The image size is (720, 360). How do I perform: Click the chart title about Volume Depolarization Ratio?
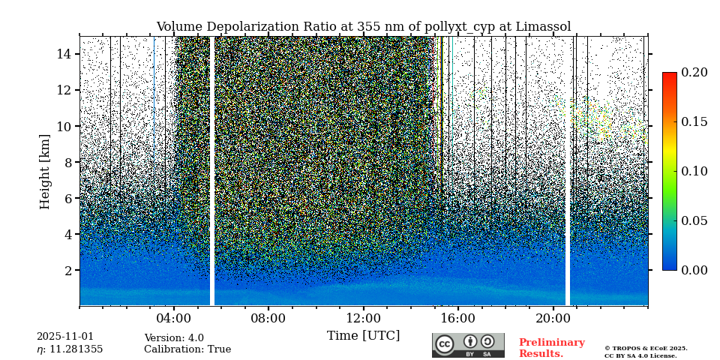[363, 27]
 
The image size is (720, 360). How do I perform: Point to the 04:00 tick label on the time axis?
[173, 318]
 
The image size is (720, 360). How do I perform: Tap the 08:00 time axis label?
[268, 318]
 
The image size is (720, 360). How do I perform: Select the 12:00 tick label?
[363, 318]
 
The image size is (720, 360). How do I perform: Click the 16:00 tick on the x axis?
[458, 318]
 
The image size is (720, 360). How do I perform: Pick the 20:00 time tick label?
[553, 318]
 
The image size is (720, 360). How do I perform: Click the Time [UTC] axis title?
[363, 335]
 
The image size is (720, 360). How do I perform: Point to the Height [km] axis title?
[45, 171]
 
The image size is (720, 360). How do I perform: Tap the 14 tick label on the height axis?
[64, 54]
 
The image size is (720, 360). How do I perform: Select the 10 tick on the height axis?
[64, 126]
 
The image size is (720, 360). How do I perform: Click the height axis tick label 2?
[67, 270]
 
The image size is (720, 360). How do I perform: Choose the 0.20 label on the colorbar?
[694, 73]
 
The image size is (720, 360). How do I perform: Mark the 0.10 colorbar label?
[694, 171]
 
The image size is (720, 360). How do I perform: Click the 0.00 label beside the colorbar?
[694, 270]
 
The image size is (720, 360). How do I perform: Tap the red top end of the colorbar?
[669, 76]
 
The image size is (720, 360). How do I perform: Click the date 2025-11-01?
[65, 337]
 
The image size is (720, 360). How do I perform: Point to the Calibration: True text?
[187, 349]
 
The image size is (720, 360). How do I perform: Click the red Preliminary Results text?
[551, 348]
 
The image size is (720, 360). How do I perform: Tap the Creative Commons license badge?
[468, 345]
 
